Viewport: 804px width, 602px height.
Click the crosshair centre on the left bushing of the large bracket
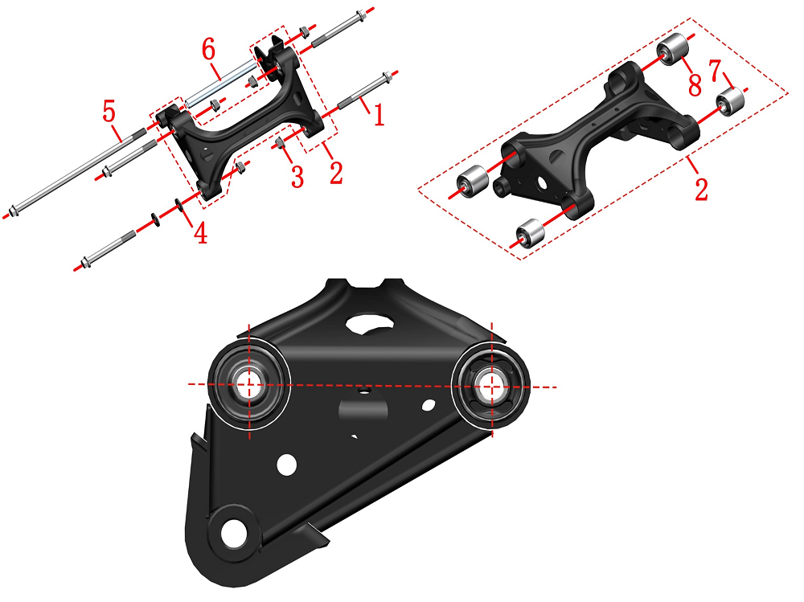pos(249,384)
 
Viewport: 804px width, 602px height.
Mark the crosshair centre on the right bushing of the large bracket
pos(492,387)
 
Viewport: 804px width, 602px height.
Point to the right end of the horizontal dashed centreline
pos(557,387)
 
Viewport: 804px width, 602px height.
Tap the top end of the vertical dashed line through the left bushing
pos(249,324)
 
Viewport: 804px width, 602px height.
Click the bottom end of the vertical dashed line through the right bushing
pos(492,437)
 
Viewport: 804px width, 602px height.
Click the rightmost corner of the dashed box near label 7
pos(788,93)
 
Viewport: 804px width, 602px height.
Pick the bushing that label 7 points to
pos(731,101)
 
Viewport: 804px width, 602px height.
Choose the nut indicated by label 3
pos(281,143)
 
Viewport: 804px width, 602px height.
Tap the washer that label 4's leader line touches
pos(179,205)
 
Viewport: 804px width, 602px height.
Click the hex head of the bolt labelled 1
pos(388,78)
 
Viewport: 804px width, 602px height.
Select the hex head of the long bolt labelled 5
pos(14,211)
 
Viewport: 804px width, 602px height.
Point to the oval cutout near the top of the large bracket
pos(370,324)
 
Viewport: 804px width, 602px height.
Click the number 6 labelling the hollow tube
pos(209,50)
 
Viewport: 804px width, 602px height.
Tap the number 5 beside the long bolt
pos(109,111)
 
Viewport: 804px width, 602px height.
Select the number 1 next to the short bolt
pos(379,114)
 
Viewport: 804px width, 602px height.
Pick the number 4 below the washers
pos(200,232)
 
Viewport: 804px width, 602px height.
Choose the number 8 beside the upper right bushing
pos(695,84)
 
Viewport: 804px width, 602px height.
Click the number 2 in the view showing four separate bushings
pos(701,188)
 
